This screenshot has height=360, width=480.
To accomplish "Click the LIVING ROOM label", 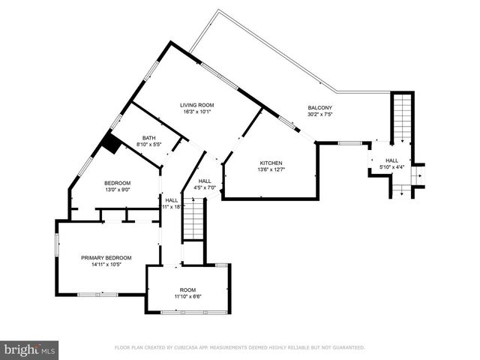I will point(197,105).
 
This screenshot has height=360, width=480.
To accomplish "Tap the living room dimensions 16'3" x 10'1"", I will point(197,112).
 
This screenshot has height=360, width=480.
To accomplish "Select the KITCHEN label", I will point(271,163).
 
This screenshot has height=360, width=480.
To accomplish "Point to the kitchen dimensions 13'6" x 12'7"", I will point(271,170).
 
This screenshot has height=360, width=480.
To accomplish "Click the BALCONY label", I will point(319,108).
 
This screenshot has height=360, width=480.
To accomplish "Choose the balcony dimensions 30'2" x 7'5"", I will point(319,115).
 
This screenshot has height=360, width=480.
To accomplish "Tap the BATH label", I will point(149,137).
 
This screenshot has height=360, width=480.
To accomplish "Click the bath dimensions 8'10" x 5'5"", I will point(149,144).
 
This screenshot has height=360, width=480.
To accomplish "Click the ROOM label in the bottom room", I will point(187,289).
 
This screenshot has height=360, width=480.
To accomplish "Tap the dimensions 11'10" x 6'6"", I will point(187,297).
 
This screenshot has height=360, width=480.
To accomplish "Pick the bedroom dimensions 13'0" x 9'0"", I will point(117,190).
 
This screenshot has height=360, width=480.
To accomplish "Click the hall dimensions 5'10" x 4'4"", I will point(391,167).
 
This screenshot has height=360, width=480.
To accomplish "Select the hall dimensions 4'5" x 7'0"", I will point(204,187).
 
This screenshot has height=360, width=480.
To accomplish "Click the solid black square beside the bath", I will point(111,144).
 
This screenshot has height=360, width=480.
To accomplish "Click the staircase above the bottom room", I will point(194,222).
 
